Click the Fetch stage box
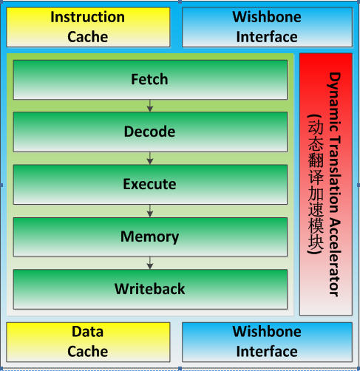(150, 80)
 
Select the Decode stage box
(150, 132)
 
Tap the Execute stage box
(150, 185)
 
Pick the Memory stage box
(150, 237)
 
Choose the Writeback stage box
(150, 289)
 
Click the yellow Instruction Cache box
(88, 27)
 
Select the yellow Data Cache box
(88, 342)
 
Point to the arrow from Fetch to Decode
(150, 106)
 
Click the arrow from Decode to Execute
(150, 158)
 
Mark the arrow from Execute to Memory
(150, 211)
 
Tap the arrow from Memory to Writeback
(150, 263)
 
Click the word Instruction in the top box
(87, 17)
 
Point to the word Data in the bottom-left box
(87, 332)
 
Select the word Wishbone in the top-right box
(267, 17)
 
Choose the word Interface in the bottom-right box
(267, 352)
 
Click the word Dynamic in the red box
(335, 102)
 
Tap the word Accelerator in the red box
(335, 258)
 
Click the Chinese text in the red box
(316, 184)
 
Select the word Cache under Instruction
(88, 37)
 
